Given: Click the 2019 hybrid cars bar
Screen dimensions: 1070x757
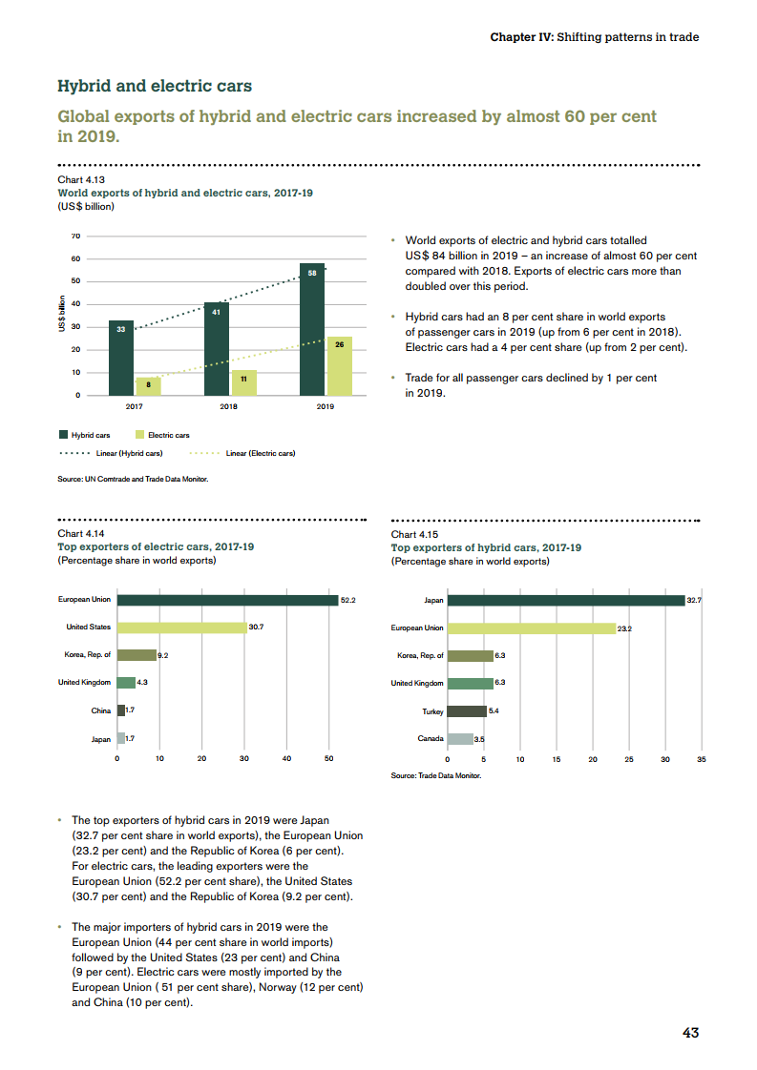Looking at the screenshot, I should click(x=312, y=329).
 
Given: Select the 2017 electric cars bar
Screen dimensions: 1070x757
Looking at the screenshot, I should click(x=148, y=385).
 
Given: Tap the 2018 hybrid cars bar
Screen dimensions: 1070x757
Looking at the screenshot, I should click(x=217, y=348).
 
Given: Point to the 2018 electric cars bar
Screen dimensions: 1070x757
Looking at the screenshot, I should click(x=243, y=382).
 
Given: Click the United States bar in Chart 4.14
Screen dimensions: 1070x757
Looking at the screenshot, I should click(x=181, y=628).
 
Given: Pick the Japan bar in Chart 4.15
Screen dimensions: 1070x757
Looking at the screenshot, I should click(x=566, y=600).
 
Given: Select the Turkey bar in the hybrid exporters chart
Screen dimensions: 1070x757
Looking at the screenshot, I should click(x=467, y=711).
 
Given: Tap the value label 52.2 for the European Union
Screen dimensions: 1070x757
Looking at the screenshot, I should click(x=347, y=600).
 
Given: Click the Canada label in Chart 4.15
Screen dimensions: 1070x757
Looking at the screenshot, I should click(x=431, y=739).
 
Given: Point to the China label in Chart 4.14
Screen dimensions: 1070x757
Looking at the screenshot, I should click(x=100, y=711).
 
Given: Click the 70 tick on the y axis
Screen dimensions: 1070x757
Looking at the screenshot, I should click(x=75, y=236).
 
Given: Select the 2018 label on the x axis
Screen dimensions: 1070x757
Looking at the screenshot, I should click(x=229, y=406).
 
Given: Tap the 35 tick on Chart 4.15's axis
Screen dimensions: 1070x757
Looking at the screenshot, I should click(x=701, y=760).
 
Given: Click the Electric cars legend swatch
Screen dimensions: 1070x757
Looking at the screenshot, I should click(x=139, y=435).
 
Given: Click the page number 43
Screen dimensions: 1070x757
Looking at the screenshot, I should click(x=690, y=1033).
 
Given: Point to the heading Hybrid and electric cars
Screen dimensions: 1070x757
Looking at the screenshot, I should click(x=155, y=87).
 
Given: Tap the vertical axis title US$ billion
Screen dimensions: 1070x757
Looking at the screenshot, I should click(x=62, y=315).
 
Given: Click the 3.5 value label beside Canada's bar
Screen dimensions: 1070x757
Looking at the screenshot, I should click(x=480, y=739).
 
